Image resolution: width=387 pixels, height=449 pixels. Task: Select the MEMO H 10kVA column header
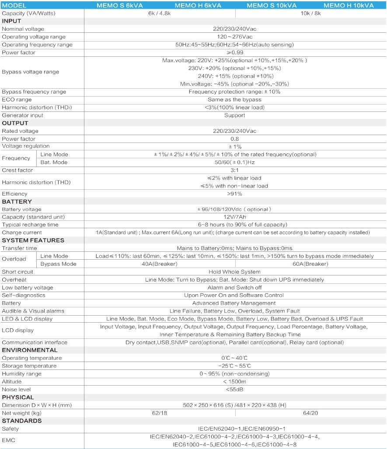pos(349,5)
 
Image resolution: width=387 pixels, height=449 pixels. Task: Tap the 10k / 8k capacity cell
pos(310,13)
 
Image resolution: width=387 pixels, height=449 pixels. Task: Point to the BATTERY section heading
pos(17,202)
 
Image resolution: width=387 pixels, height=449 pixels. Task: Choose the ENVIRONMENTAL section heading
pos(30,350)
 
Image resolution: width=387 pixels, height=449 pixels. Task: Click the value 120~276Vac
pos(235,37)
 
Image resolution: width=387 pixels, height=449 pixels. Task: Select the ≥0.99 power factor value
pos(235,52)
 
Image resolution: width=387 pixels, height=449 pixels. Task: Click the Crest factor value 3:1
pos(235,170)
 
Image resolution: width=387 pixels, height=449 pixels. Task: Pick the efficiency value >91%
pos(234,194)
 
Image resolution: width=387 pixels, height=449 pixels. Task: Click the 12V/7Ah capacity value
pos(235,217)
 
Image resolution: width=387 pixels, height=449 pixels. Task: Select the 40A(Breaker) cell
pos(159,264)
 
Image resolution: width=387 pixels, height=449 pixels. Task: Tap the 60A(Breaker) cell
pos(310,264)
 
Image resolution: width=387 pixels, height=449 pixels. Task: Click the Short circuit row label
pos(17,272)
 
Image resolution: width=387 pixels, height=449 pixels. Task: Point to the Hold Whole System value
pos(234,272)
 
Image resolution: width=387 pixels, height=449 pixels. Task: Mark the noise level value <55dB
pos(235,389)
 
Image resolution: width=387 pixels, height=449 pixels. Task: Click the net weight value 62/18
pos(159,413)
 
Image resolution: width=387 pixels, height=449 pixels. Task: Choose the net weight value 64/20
pos(310,413)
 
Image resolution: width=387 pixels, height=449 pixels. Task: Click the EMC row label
pos(8,440)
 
